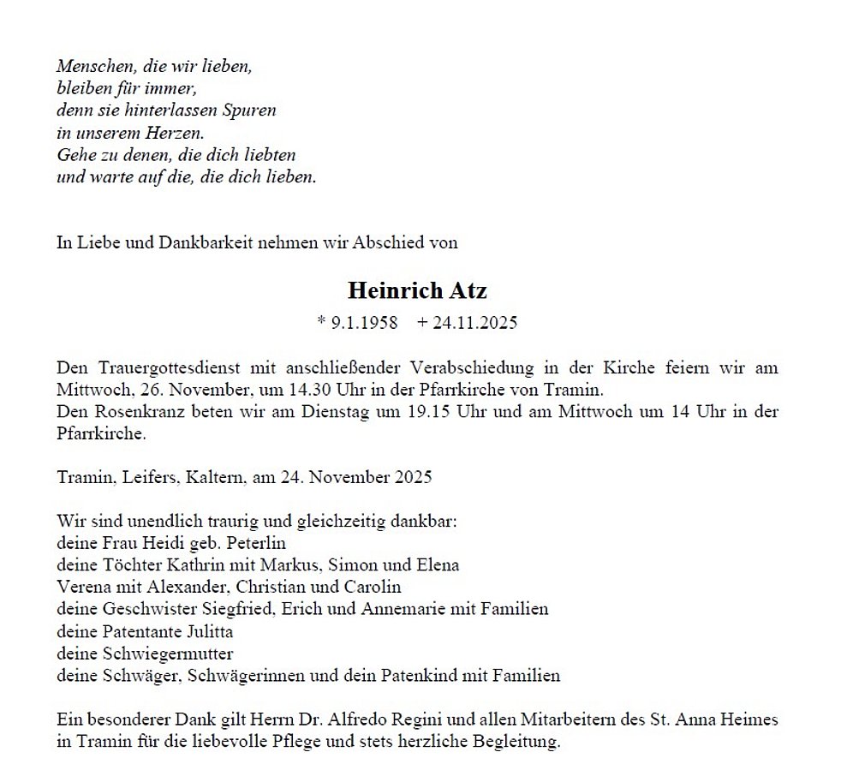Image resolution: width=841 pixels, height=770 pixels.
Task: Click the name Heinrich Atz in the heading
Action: (417, 290)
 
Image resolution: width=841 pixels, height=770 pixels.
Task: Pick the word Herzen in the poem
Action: (175, 134)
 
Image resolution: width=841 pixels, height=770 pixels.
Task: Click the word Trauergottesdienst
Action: (170, 367)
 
